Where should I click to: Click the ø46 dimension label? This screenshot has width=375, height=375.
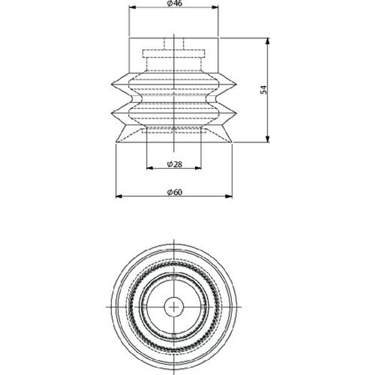coord(174,3)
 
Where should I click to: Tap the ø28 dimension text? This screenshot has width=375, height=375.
coord(174,164)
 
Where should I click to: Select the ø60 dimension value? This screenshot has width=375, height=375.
coord(174,192)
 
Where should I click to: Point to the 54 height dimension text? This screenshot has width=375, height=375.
coord(263,89)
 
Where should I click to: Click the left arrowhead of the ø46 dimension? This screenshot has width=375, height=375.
coord(132,7)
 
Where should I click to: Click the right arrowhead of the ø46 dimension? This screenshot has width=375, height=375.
coord(215,7)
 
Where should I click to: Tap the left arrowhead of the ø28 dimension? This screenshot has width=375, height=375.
coord(150,168)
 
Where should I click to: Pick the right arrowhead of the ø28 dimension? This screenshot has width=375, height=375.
coord(198,168)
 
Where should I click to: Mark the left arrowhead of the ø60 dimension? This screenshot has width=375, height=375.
coord(119,196)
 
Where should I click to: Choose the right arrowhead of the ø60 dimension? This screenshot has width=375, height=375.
coord(229,196)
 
